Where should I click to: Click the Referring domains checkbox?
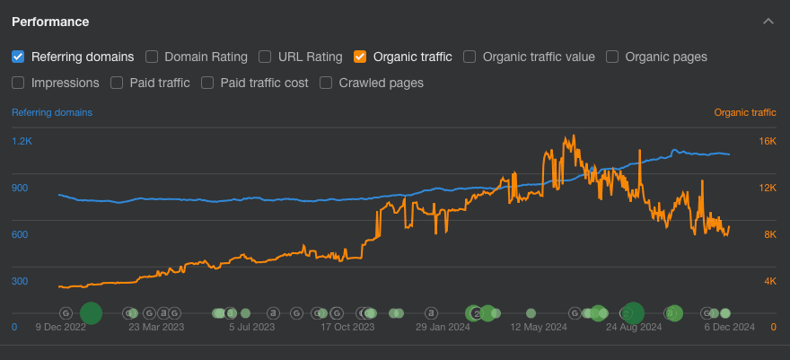pyautogui.click(x=18, y=57)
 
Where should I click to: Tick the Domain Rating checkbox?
pyautogui.click(x=152, y=57)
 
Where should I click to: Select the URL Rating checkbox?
pyautogui.click(x=265, y=57)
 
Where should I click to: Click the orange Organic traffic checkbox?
pyautogui.click(x=360, y=57)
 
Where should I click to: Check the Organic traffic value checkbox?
pyautogui.click(x=470, y=57)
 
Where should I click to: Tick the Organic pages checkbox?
pyautogui.click(x=612, y=57)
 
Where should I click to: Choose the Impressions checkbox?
pyautogui.click(x=18, y=83)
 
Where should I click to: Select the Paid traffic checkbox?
pyautogui.click(x=117, y=83)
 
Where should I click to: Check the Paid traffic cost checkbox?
pyautogui.click(x=207, y=83)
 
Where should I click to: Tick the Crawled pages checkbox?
pyautogui.click(x=326, y=83)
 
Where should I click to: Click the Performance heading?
pyautogui.click(x=50, y=21)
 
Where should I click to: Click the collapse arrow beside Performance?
pyautogui.click(x=768, y=21)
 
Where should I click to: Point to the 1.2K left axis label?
pyautogui.click(x=22, y=142)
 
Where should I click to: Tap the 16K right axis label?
pyautogui.click(x=767, y=142)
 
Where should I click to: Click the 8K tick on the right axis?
pyautogui.click(x=769, y=235)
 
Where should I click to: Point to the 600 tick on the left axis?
pyautogui.click(x=20, y=235)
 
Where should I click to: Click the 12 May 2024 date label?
pyautogui.click(x=539, y=328)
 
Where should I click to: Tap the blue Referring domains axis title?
pyautogui.click(x=51, y=113)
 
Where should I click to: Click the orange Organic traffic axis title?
pyautogui.click(x=745, y=113)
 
